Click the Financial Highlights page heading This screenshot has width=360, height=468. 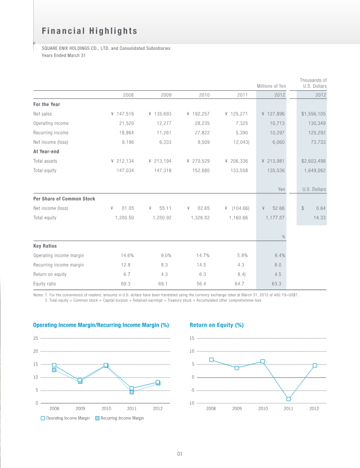coord(89,31)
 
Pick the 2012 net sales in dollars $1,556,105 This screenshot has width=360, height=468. coord(313,114)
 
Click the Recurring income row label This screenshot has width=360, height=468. coord(51,133)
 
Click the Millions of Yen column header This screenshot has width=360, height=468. coord(271,86)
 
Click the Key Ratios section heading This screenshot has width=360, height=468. coord(45,246)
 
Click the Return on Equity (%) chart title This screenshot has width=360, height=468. coord(216,325)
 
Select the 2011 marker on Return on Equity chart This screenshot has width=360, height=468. coord(288,399)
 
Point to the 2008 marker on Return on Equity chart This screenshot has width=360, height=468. coord(211,360)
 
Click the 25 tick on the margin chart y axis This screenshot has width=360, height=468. coord(36,338)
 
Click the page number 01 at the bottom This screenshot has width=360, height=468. coord(180,454)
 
